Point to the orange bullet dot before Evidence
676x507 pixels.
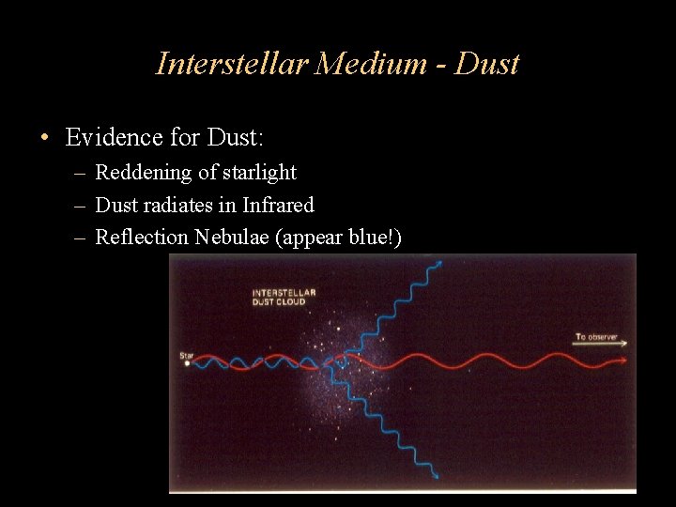[44, 139]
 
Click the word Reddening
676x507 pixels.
[143, 173]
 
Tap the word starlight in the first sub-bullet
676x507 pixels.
[259, 173]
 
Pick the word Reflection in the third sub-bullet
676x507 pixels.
[143, 237]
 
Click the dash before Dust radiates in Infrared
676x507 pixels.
[82, 206]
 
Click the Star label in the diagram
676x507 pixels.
[186, 355]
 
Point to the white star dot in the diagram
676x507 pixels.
[188, 363]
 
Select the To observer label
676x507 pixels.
[596, 336]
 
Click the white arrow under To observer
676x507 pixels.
[601, 344]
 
